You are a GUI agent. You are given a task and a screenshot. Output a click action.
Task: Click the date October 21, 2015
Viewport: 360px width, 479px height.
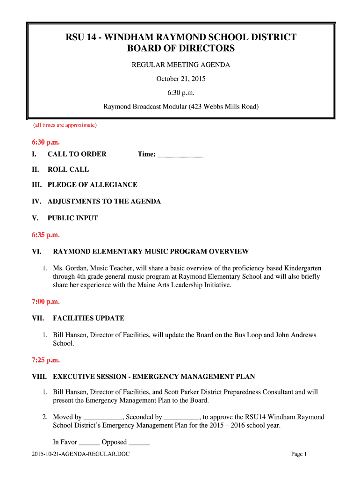[180, 79]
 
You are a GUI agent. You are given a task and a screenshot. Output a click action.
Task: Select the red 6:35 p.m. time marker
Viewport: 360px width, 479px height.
[46, 235]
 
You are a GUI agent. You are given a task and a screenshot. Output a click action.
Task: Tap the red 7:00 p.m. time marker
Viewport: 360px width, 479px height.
[46, 302]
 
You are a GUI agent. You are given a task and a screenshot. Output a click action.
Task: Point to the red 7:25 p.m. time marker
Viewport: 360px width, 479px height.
[46, 360]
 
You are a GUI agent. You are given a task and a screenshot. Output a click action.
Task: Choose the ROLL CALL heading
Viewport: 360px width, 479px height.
[68, 169]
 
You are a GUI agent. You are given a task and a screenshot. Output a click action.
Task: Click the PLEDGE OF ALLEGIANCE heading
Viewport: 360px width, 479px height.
[92, 185]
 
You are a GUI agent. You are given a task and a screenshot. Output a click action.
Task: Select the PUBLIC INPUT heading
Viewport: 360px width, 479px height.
[72, 218]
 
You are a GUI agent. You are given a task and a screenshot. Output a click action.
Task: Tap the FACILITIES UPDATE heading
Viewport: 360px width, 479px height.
[88, 318]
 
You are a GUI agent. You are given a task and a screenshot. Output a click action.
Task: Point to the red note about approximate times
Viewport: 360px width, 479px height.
[65, 125]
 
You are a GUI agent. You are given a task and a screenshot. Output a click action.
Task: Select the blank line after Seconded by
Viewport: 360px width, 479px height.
[182, 418]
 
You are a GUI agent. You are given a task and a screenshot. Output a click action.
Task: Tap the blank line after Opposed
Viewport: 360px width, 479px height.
[139, 443]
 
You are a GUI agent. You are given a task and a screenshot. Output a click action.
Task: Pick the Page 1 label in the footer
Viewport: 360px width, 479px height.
[299, 454]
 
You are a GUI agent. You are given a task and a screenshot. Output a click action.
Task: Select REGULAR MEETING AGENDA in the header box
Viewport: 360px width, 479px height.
[180, 65]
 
